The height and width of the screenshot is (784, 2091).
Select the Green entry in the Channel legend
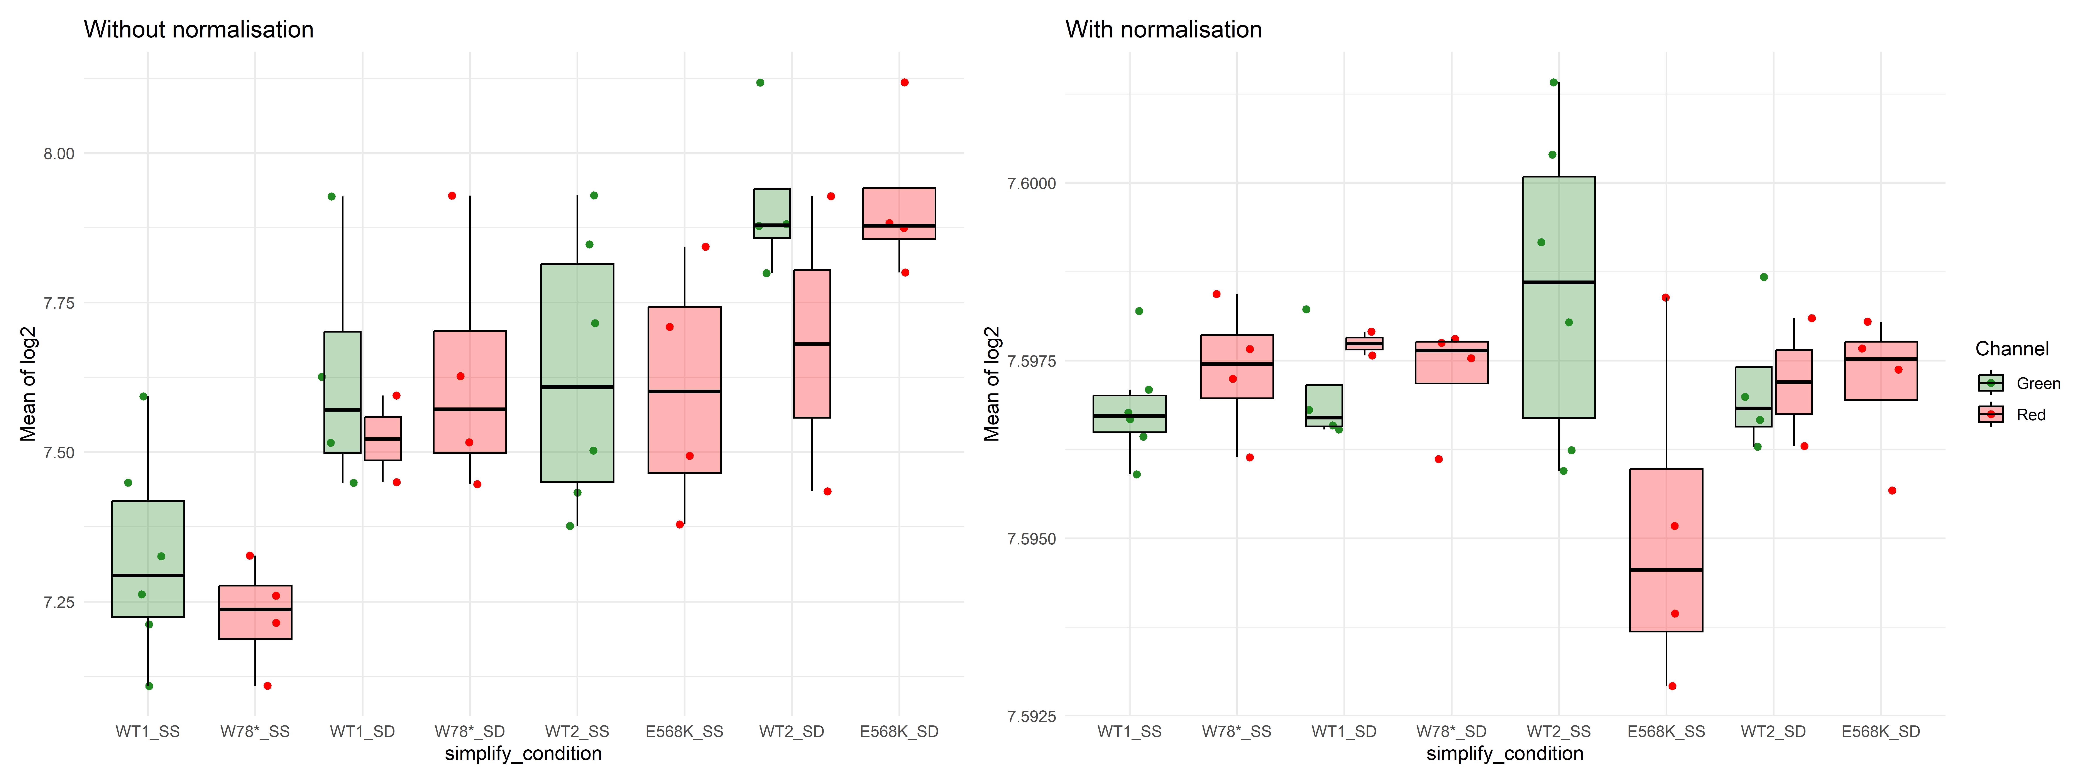pos(2020,383)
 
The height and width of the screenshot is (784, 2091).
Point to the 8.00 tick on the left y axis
pos(58,153)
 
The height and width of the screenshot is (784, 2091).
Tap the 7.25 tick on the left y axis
pos(58,602)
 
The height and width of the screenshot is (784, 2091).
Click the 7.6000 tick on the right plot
pos(1032,183)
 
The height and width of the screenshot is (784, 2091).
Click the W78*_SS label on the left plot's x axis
pos(255,731)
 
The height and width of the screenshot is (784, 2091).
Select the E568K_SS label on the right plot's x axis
pos(1666,731)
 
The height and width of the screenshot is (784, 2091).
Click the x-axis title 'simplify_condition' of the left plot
pos(524,754)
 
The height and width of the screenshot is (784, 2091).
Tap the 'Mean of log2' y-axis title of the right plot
pos(992,384)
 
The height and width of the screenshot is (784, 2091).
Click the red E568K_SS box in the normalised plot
pos(1666,550)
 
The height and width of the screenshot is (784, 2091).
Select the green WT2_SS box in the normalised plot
pos(1558,297)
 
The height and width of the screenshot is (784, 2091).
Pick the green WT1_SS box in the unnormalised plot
pos(148,559)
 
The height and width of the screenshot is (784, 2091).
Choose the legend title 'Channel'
pos(2012,349)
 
